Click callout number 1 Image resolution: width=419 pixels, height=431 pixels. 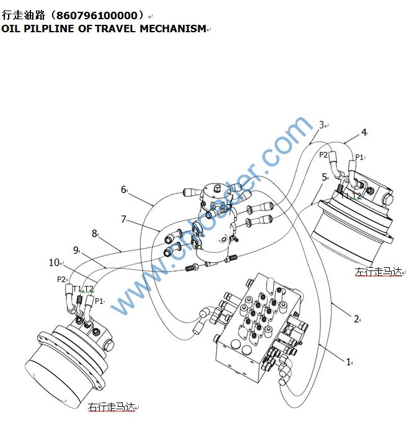click(348, 361)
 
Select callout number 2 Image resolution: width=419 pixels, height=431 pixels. click(356, 319)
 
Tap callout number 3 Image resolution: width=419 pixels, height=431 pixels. click(321, 125)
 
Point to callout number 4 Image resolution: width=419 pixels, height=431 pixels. click(364, 131)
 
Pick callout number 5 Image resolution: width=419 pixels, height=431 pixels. click(324, 177)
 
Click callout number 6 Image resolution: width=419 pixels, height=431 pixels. click(123, 190)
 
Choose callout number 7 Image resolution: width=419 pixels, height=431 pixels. click(123, 219)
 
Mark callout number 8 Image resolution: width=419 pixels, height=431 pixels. click(94, 234)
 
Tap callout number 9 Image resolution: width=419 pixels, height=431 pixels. click(76, 250)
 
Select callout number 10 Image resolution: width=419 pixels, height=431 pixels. click(54, 263)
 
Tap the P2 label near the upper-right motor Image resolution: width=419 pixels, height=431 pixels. click(324, 155)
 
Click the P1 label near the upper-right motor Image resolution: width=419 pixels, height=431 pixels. click(359, 158)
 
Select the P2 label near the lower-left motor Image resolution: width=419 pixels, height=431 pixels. click(61, 280)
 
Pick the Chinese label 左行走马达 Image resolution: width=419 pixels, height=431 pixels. click(377, 272)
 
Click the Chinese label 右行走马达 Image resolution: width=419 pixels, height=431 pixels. click(111, 407)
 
